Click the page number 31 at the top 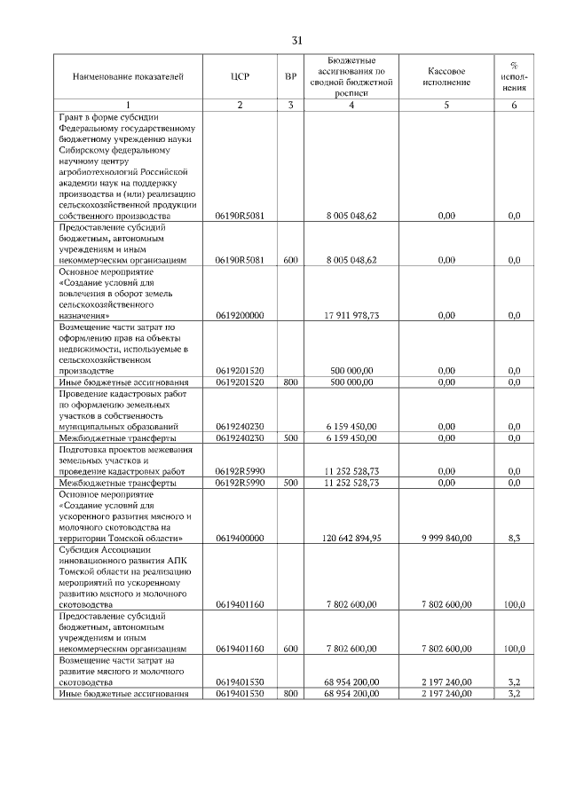[297, 40]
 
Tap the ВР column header [290, 77]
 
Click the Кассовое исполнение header [446, 77]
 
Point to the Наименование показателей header [129, 77]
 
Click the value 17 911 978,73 [351, 316]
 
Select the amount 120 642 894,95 [351, 538]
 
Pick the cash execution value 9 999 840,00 [446, 538]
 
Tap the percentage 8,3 [514, 538]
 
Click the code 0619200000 [240, 316]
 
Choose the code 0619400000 [240, 538]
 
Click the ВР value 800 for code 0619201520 [290, 382]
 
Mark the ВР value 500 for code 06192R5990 [290, 482]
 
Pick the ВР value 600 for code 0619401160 [290, 649]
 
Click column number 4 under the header [351, 106]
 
